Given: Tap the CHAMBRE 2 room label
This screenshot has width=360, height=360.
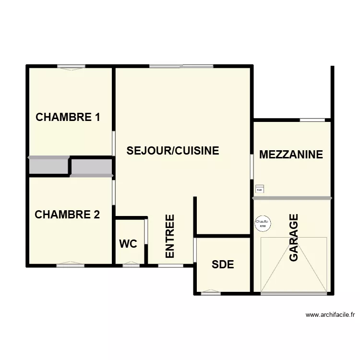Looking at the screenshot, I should click(x=67, y=215).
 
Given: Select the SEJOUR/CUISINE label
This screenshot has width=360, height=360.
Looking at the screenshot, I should click(x=173, y=151).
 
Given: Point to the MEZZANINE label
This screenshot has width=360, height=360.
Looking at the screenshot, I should click(x=291, y=155).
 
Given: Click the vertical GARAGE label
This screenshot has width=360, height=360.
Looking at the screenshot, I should click(x=294, y=238).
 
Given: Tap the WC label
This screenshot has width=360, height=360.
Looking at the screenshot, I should click(x=128, y=244).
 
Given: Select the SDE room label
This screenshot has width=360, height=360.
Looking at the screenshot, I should click(x=223, y=264).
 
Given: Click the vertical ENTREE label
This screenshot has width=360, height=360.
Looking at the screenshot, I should click(x=170, y=236).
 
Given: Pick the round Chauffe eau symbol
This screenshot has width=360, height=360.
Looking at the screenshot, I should click(x=263, y=224).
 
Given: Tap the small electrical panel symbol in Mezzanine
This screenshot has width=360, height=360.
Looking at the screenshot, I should click(x=260, y=189).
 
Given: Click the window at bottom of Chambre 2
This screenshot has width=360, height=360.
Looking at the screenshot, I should click(x=70, y=264).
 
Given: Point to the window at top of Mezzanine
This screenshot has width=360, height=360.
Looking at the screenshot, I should click(x=312, y=120).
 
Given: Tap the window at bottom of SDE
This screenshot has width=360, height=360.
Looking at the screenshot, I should click(x=211, y=292).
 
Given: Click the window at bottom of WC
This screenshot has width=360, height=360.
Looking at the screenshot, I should click(x=131, y=264).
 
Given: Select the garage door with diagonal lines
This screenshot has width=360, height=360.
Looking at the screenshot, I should click(x=294, y=265).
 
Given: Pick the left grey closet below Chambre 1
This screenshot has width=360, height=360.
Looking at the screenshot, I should click(x=48, y=166).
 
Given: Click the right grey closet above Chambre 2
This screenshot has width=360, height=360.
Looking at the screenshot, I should click(x=92, y=167).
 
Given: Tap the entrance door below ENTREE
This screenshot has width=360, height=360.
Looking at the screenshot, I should click(x=170, y=264).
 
